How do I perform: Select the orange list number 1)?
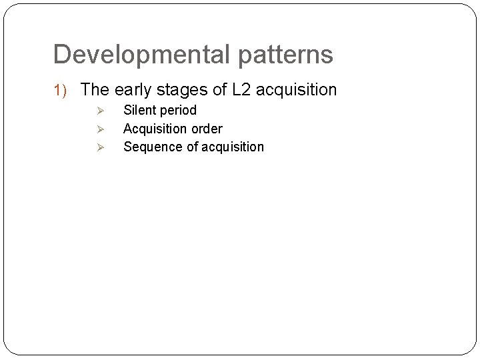(x=63, y=90)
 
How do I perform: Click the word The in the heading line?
(x=95, y=89)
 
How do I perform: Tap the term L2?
(x=242, y=89)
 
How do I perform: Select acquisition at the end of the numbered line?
(x=297, y=89)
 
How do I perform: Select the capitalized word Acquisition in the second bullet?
(x=154, y=129)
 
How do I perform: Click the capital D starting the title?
(x=61, y=55)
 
